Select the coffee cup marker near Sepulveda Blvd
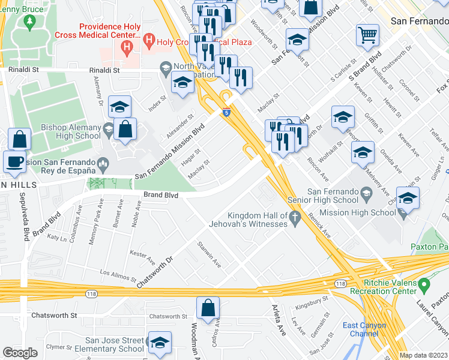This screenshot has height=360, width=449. tap(14, 161)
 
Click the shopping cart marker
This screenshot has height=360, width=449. tap(367, 34)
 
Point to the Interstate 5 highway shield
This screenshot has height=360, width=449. tap(226, 112)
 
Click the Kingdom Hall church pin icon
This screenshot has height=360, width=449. tap(294, 220)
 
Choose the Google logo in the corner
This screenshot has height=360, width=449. tap(20, 353)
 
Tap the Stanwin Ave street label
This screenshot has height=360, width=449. tap(209, 254)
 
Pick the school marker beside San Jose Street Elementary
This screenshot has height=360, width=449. tap(160, 343)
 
